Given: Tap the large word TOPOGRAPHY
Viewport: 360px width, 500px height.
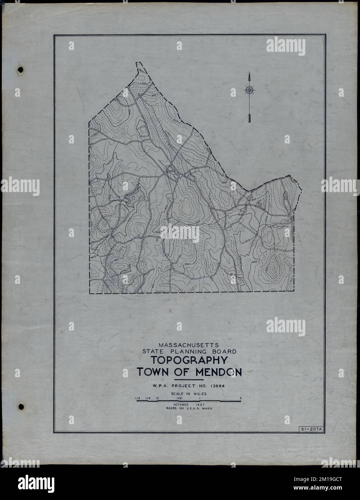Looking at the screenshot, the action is (188, 361).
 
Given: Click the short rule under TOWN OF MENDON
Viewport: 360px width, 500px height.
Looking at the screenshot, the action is (188, 380).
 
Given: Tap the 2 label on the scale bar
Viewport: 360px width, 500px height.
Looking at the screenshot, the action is (240, 398).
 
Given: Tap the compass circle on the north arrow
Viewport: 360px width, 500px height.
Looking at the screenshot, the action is (249, 90).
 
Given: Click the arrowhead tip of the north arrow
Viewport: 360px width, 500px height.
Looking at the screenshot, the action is (249, 73).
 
